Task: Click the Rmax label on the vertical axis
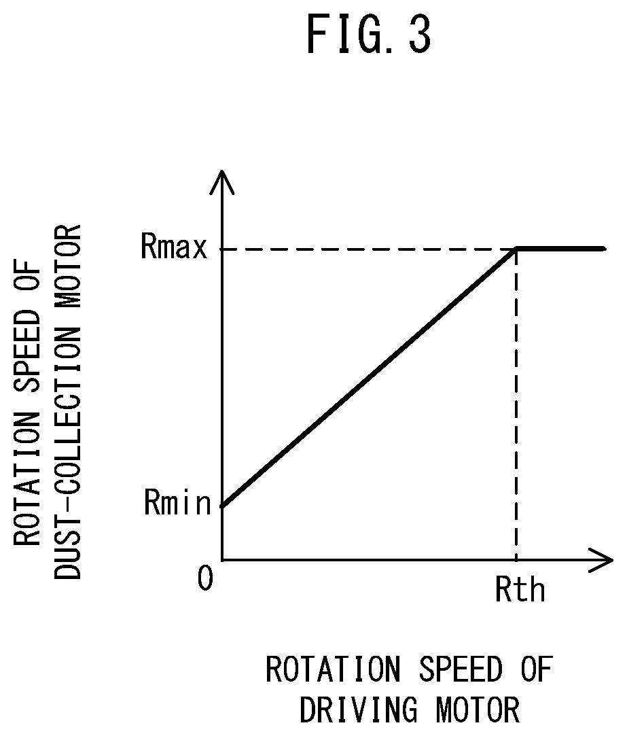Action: point(174,247)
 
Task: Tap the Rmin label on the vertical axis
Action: point(177,503)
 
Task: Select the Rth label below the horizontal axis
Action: point(520,590)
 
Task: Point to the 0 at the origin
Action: point(206,578)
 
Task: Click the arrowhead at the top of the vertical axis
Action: point(222,181)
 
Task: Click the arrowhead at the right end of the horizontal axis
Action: point(601,559)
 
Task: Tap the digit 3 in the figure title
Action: point(418,34)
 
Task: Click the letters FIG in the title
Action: point(342,34)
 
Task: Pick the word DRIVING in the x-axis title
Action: point(359,709)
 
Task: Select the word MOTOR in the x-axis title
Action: point(478,709)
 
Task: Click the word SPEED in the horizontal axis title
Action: point(461,669)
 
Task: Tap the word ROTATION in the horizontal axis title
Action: point(334,669)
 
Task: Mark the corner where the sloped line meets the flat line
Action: point(516,248)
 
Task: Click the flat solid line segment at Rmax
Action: point(561,248)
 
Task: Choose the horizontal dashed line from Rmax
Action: point(369,249)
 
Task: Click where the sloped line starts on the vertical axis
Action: point(222,507)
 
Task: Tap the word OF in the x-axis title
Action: point(536,669)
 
